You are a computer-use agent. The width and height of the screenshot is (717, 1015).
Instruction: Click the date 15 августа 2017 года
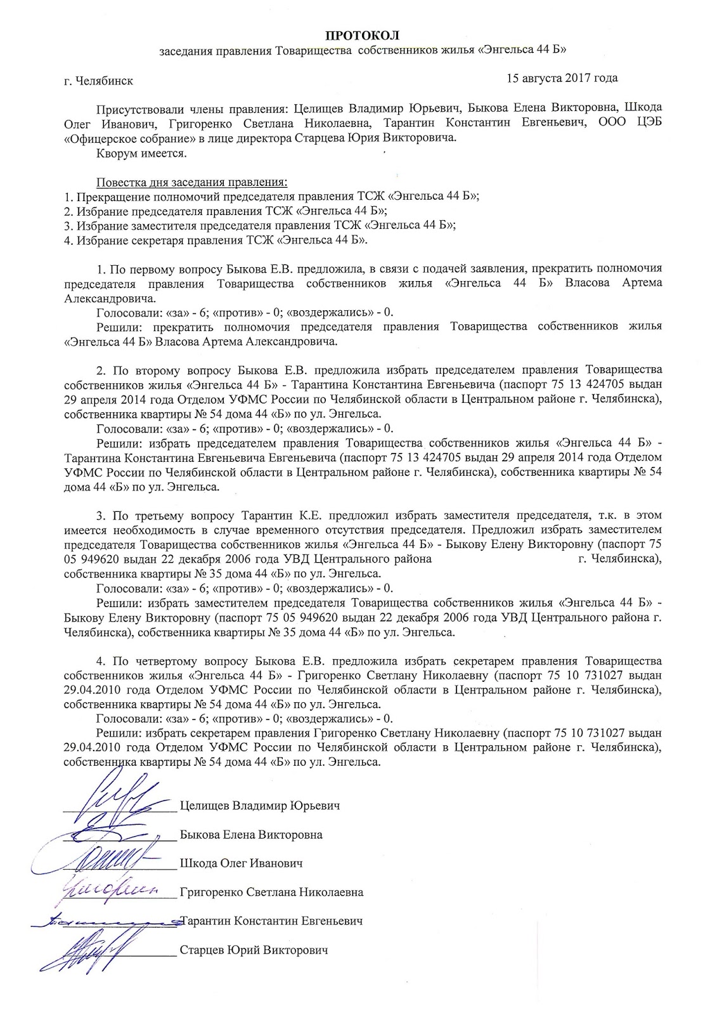[x=562, y=79]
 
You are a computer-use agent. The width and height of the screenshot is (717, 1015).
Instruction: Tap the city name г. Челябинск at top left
[x=98, y=81]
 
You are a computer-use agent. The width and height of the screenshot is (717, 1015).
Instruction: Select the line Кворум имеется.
[x=141, y=153]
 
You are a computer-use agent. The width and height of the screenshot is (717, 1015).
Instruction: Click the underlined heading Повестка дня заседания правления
[x=191, y=183]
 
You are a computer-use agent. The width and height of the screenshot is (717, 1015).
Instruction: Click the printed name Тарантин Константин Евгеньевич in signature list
[x=271, y=920]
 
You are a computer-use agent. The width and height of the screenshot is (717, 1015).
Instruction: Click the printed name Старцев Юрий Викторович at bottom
[x=254, y=950]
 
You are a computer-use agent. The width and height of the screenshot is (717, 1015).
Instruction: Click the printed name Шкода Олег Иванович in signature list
[x=241, y=863]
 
